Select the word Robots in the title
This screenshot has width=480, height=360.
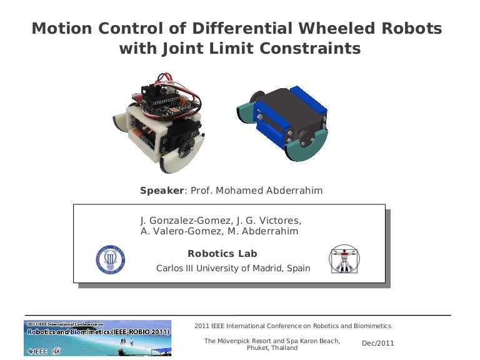[411, 29]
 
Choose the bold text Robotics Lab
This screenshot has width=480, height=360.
[222, 254]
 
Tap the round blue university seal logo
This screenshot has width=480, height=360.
[111, 259]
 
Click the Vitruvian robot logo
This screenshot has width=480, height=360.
[344, 259]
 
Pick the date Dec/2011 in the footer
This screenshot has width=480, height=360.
[378, 343]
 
